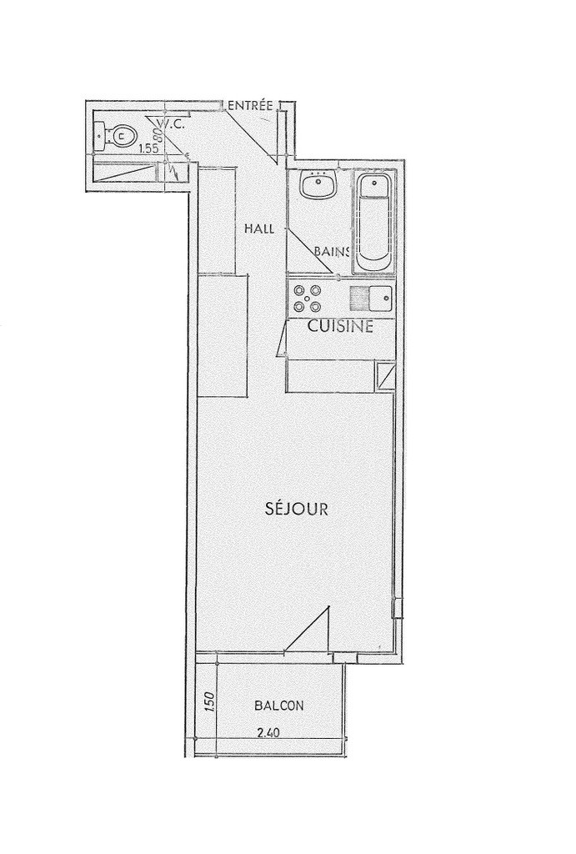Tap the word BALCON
point(278,706)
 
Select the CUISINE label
point(340,326)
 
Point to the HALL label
point(258,229)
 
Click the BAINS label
point(332,251)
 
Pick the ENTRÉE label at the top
point(250,105)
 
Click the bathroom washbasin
point(319,185)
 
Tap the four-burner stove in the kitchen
point(307,298)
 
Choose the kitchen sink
point(371,298)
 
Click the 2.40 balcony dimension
point(268,733)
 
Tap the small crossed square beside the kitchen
point(384,376)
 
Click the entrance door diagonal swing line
point(253,134)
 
